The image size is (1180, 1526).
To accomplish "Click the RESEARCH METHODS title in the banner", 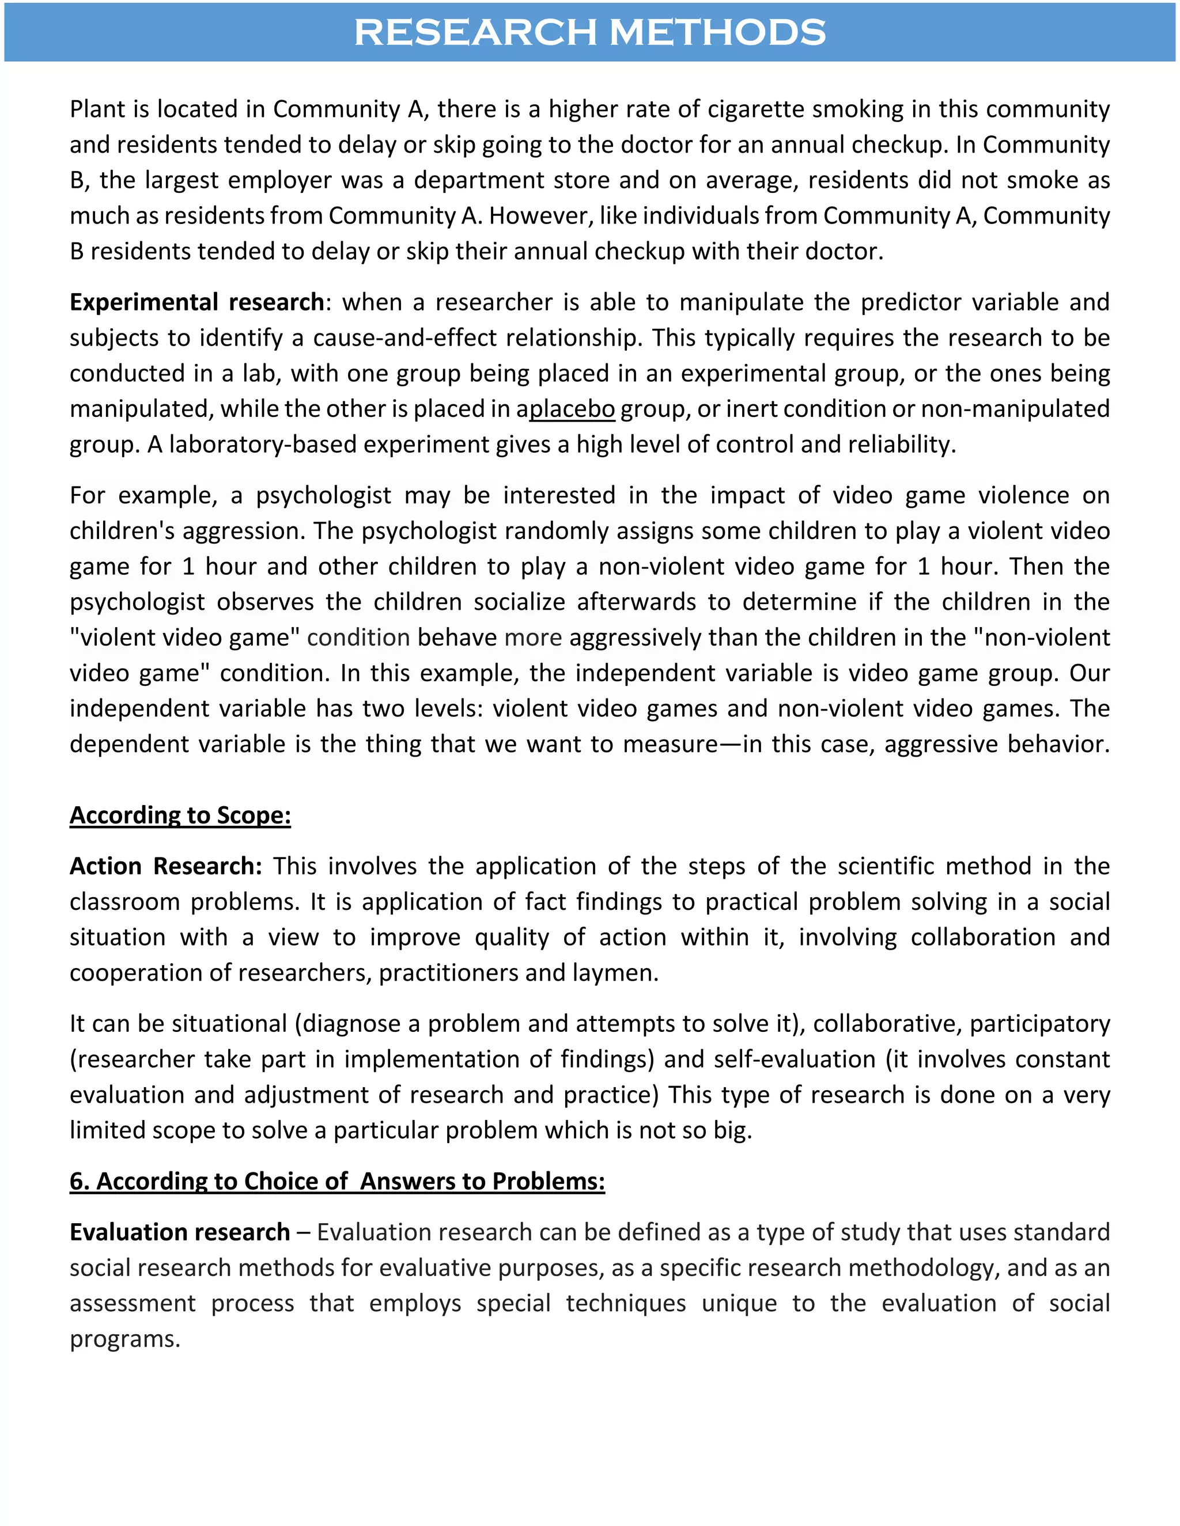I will click(x=589, y=32).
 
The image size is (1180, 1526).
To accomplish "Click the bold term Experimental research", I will click(x=196, y=302).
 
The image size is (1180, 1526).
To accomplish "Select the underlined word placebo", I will click(x=572, y=409).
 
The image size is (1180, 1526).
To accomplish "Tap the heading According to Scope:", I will click(x=180, y=815).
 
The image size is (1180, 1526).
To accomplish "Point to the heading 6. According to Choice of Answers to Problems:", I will click(x=337, y=1181).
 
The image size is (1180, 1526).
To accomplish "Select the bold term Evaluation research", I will click(x=180, y=1232).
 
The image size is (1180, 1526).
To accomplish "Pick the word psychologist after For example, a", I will click(x=323, y=495).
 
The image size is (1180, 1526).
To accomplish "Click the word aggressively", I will click(x=635, y=637).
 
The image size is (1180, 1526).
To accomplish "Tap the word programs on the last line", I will click(x=124, y=1339).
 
